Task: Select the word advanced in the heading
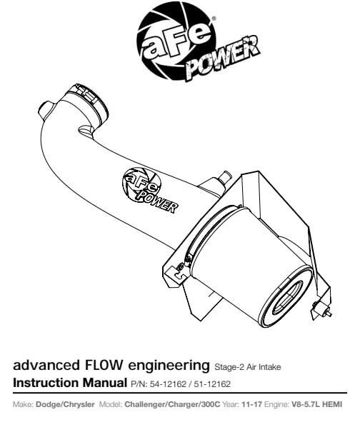point(46,365)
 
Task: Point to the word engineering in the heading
point(169,366)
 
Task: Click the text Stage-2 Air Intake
point(248,367)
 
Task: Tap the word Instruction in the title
point(46,383)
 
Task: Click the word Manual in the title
point(105,383)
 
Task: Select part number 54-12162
point(168,384)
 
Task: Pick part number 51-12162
point(212,384)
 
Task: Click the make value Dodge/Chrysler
point(65,404)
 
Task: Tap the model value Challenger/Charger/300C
point(172,404)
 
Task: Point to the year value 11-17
point(252,404)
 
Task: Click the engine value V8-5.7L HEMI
point(316,404)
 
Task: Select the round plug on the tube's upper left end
point(46,110)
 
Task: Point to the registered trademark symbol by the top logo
point(214,19)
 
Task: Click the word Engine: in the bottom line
point(276,405)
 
